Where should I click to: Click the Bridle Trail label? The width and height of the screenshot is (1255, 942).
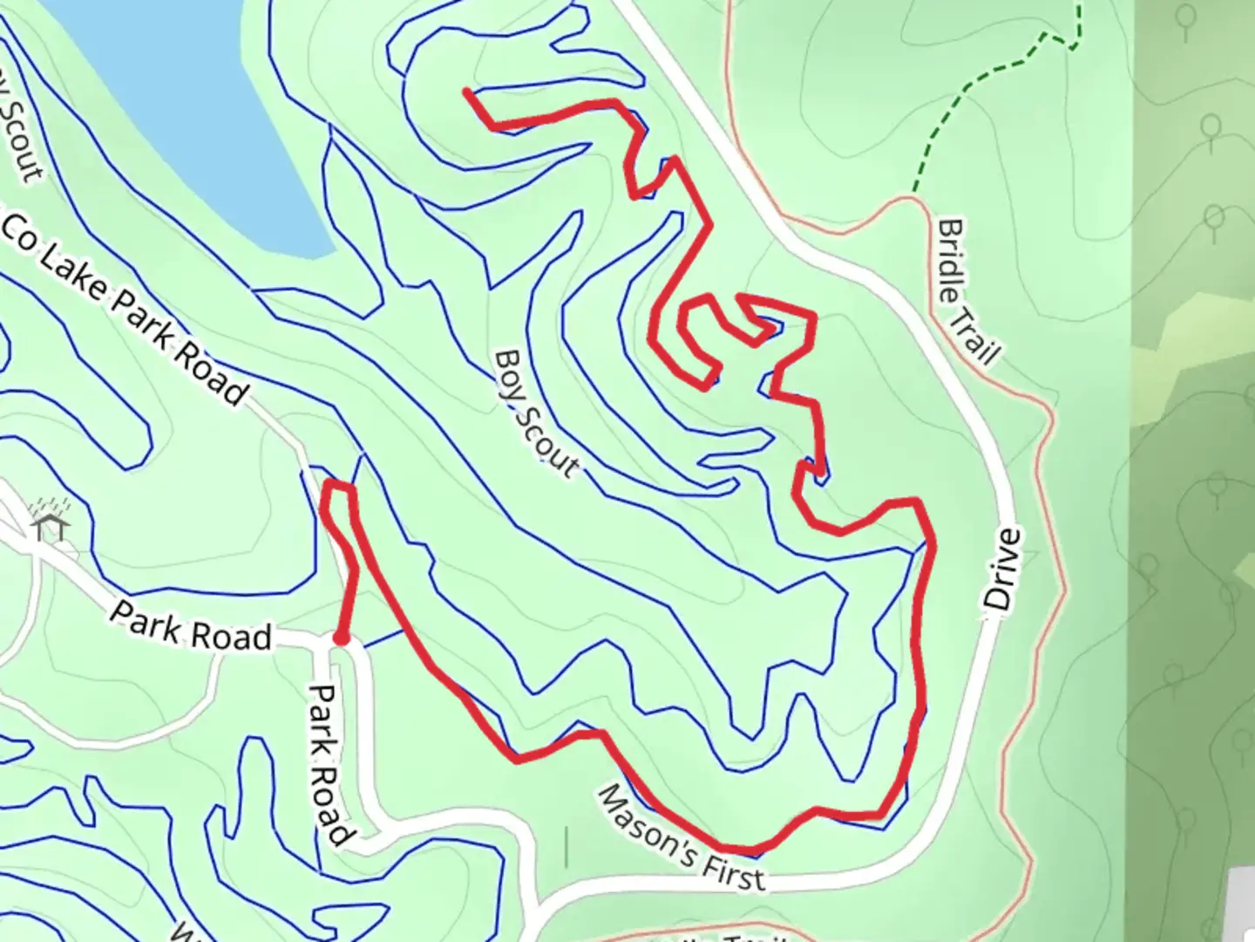click(968, 291)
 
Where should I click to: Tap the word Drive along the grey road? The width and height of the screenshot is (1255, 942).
click(1001, 570)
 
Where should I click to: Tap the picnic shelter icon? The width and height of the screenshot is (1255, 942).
click(50, 526)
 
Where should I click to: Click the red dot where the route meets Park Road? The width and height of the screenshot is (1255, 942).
click(342, 639)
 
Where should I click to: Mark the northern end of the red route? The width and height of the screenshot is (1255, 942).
click(468, 91)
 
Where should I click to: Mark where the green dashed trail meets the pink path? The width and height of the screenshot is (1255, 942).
click(913, 194)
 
